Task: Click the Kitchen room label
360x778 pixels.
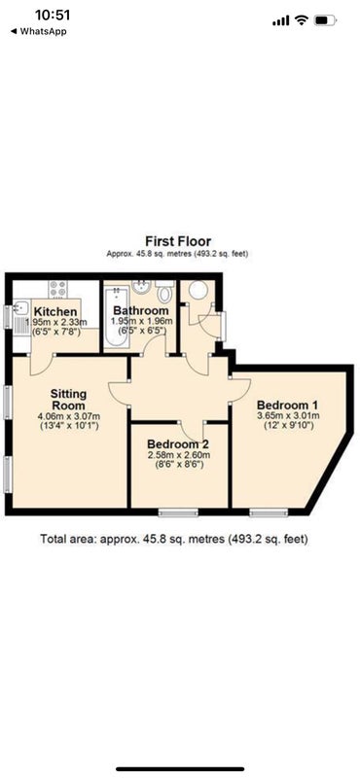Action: [x=55, y=312]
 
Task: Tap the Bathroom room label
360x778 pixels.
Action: [x=140, y=311]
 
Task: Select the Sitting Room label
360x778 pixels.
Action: [x=68, y=400]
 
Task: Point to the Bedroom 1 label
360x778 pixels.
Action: [x=287, y=404]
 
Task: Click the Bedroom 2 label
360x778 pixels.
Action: [x=177, y=443]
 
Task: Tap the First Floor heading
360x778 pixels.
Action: [x=178, y=241]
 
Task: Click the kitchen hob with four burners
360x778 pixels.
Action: [x=57, y=289]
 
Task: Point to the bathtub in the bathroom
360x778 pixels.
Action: [x=117, y=317]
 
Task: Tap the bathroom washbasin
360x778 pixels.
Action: [x=141, y=288]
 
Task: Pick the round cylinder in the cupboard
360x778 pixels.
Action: [x=198, y=290]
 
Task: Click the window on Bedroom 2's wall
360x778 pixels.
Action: [x=178, y=513]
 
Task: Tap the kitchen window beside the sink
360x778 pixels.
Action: [x=8, y=317]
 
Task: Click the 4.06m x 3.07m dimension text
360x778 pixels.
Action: [x=69, y=416]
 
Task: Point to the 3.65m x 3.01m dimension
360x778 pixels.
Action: [x=288, y=415]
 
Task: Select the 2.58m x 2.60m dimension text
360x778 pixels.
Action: [x=179, y=455]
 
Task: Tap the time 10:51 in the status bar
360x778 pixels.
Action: [x=53, y=15]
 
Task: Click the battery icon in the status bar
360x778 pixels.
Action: [x=325, y=20]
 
